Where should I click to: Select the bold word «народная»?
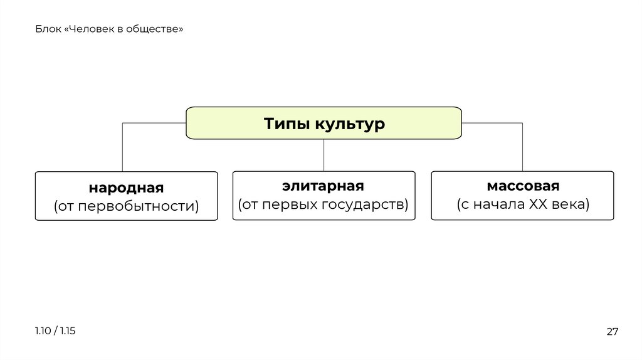tap(126, 188)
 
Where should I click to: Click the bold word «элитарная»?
tap(324, 186)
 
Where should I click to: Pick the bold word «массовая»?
tap(522, 186)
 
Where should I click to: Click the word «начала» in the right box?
tap(503, 204)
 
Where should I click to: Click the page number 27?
tap(612, 332)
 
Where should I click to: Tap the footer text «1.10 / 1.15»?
tap(55, 331)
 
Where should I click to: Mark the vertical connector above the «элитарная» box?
tap(324, 155)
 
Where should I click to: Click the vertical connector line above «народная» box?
tap(122, 147)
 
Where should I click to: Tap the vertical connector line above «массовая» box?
tap(522, 147)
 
